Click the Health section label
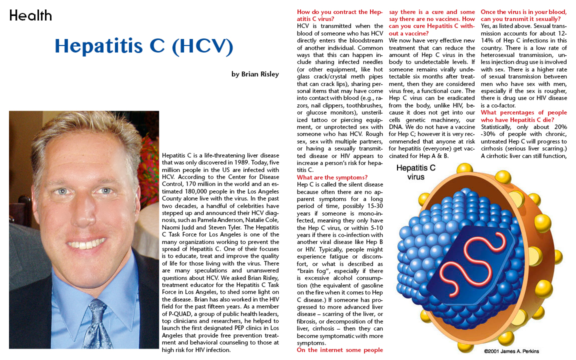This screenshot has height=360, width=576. click(x=30, y=15)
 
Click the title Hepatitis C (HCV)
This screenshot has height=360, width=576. click(x=144, y=46)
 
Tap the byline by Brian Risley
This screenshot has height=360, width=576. click(x=255, y=74)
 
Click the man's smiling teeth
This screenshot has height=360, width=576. click(x=85, y=244)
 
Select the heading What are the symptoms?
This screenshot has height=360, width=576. click(x=332, y=177)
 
